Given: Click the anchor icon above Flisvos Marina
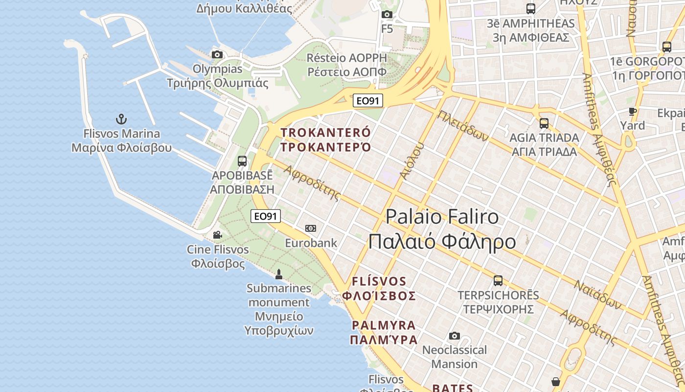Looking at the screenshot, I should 121,119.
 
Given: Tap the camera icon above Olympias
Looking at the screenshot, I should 217,54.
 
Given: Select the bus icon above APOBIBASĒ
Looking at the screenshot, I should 242,161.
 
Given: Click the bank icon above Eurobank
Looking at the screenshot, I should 311,228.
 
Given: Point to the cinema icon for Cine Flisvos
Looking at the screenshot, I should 218,235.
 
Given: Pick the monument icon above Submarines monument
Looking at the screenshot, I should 279,274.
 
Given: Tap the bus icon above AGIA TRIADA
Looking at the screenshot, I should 544,123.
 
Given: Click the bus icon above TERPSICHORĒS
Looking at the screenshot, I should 498,281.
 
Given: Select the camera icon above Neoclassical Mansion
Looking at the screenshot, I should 455,336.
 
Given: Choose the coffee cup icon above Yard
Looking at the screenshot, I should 633,111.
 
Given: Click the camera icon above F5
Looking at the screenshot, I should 387,15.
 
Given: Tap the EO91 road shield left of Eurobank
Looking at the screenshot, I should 266,216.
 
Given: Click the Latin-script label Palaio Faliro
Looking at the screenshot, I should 442,217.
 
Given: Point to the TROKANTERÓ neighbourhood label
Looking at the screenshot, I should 326,133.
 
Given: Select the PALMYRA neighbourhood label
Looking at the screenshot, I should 384,325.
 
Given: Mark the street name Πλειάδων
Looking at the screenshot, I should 463,125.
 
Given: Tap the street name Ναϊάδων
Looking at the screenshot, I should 598,295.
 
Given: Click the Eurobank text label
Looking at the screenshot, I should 311,243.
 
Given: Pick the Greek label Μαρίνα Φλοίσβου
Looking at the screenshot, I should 122,148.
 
